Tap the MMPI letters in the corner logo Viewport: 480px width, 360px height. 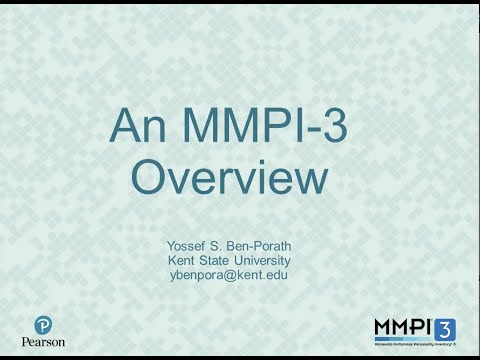pos(401,327)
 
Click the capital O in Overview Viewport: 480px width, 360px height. pos(149,179)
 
